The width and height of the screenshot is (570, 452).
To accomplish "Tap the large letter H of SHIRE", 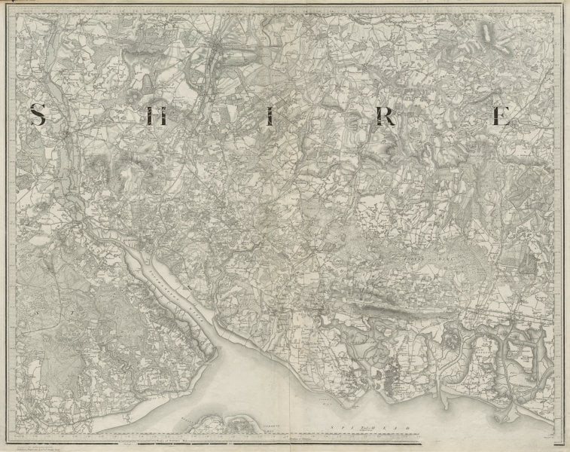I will coord(157,116).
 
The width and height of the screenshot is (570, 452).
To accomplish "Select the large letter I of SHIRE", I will coord(268,116).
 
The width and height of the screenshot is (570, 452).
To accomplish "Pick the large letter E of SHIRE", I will coord(501,116).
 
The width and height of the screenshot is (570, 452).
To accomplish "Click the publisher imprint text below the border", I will coord(45,442).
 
